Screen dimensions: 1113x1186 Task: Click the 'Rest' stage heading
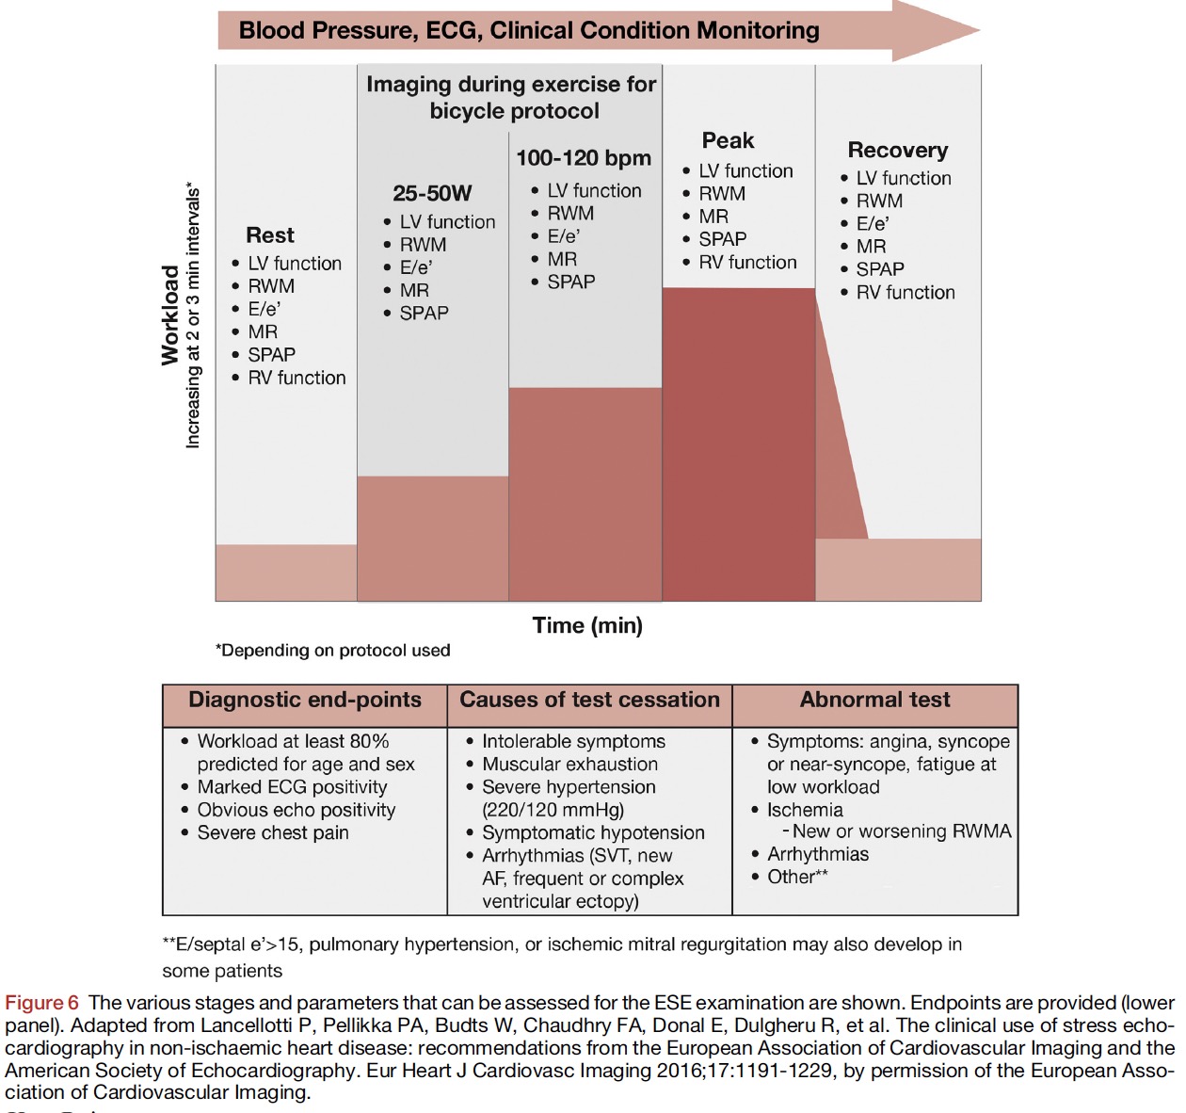click(270, 235)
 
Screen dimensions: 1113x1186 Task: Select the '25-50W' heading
click(432, 194)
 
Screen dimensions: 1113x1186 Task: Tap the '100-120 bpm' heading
click(584, 158)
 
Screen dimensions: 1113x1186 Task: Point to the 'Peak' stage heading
click(728, 141)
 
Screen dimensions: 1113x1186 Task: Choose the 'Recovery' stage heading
click(898, 151)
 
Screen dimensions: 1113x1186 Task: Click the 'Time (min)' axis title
click(587, 625)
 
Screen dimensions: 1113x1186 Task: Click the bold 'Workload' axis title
click(170, 315)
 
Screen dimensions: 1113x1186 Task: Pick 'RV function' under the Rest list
click(296, 378)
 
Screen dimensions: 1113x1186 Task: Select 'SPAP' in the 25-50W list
click(424, 313)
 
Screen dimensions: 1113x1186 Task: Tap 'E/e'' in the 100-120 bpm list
click(563, 236)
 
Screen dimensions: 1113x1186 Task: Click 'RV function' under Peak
click(747, 263)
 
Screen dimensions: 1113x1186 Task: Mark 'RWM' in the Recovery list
click(879, 201)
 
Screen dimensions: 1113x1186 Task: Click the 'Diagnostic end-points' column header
click(305, 701)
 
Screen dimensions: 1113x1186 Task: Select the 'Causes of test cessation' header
click(589, 701)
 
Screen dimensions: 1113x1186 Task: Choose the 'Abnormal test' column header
click(874, 701)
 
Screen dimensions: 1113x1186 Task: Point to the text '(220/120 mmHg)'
click(553, 810)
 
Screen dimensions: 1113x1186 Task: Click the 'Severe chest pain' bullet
click(273, 832)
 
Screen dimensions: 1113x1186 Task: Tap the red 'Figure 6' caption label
click(42, 1003)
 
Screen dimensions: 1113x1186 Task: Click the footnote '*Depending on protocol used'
click(333, 651)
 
